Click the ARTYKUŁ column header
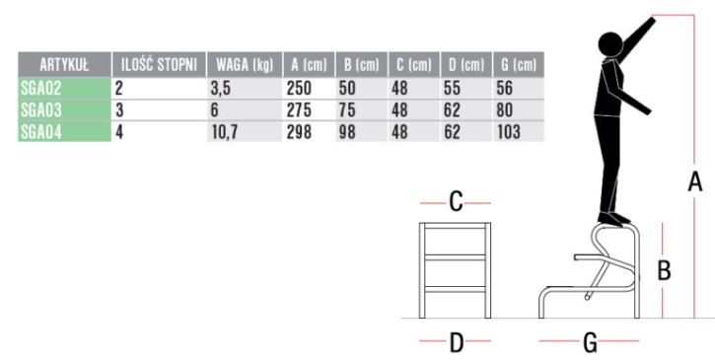tap(64, 65)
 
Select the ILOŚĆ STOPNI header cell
tap(159, 65)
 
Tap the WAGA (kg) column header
tap(245, 65)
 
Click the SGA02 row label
tap(40, 88)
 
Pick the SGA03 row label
tap(40, 109)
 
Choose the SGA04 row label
tap(40, 132)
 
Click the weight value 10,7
tap(225, 132)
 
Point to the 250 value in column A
tap(299, 88)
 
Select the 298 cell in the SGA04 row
tap(299, 132)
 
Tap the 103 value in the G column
tap(509, 132)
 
